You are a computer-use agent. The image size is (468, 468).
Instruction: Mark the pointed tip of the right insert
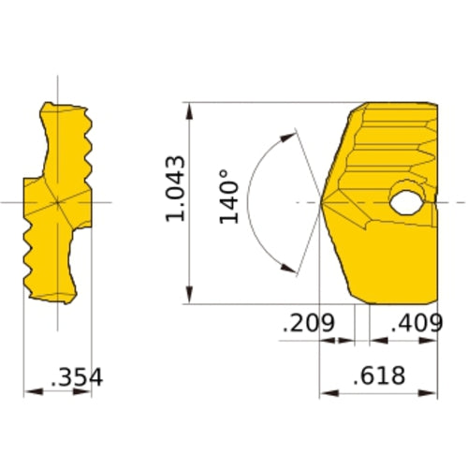tap(322, 202)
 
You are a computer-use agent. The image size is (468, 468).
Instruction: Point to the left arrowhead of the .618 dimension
tap(327, 391)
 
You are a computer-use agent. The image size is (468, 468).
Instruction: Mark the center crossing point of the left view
tap(57, 202)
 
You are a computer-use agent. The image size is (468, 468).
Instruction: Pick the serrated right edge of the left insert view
tap(88, 150)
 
